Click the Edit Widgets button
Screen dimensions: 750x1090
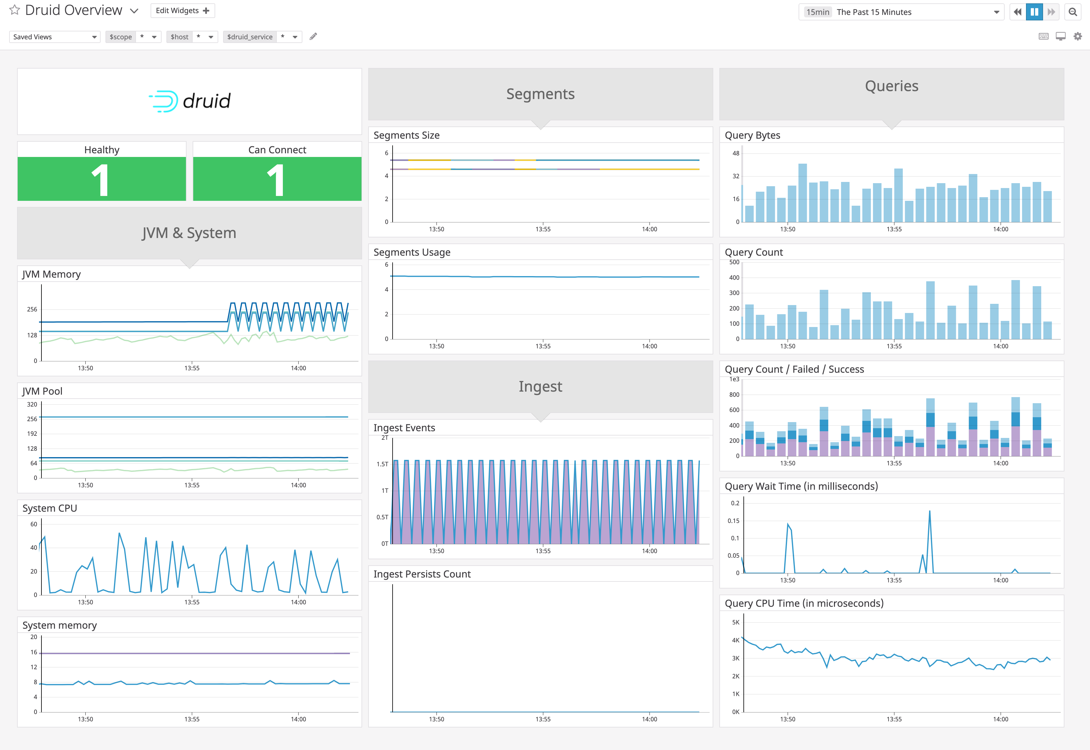tap(182, 10)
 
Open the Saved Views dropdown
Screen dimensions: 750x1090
tap(55, 37)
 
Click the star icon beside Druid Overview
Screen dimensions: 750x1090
tap(15, 10)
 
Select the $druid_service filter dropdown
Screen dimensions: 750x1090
tap(262, 37)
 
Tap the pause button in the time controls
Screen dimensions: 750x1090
tap(1034, 12)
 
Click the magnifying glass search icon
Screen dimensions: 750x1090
tap(1073, 12)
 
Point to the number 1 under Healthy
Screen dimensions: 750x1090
tap(101, 180)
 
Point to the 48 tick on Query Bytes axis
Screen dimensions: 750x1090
tap(736, 153)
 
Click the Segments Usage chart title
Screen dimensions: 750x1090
tap(412, 252)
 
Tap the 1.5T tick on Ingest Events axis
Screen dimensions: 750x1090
tap(382, 464)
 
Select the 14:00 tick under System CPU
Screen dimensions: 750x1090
tap(298, 602)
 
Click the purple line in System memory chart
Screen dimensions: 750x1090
tap(188, 653)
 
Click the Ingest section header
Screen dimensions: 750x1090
tap(540, 386)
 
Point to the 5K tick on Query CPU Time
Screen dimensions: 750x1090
tap(736, 622)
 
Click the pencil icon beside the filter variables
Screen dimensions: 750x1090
tap(313, 36)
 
